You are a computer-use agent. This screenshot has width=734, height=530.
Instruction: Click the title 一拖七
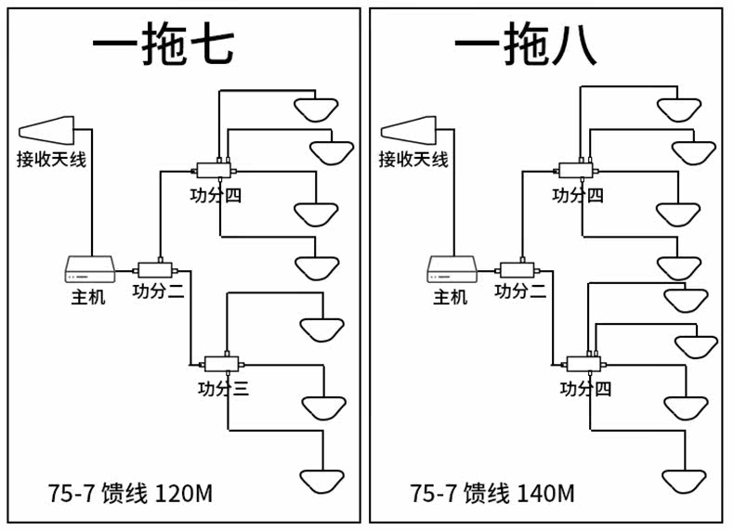coord(164,44)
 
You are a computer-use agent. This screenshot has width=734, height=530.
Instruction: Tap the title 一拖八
coord(525,44)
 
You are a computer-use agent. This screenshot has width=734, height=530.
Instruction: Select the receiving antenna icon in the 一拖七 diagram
coord(46,130)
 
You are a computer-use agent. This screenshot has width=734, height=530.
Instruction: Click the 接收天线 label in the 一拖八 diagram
coord(413,160)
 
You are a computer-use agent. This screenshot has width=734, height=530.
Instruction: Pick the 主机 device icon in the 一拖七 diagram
coord(90,269)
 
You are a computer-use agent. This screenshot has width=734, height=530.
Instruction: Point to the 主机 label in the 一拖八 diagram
coord(451,297)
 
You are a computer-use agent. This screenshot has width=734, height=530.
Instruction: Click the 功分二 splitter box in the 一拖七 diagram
coord(155,270)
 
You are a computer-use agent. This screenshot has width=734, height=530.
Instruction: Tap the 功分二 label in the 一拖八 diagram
coord(520,291)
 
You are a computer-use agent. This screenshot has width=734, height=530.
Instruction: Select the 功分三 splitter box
coord(222,364)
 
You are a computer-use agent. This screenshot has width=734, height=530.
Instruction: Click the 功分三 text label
coord(223,389)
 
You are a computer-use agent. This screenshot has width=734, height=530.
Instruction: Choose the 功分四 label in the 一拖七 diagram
coord(216,195)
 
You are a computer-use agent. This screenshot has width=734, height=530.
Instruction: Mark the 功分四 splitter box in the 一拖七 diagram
coord(214,170)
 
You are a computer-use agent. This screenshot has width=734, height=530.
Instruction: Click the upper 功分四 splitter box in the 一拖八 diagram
coord(576,170)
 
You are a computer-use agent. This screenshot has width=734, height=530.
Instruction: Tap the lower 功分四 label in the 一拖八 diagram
coord(585,389)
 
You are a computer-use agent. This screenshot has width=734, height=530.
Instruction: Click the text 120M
coord(183,493)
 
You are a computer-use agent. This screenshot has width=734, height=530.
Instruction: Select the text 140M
coord(545,493)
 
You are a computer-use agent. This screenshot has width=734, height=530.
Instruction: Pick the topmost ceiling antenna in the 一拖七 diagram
coord(316,110)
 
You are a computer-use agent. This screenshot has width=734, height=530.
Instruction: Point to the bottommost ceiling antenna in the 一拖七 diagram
coord(322,482)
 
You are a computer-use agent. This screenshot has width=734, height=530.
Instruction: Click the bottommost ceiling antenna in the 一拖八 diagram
coord(684,482)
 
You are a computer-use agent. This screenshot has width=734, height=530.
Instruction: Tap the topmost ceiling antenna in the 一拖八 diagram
coord(679,110)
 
